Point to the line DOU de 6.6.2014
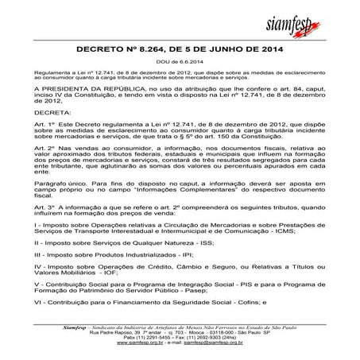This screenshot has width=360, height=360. coord(179,62)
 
